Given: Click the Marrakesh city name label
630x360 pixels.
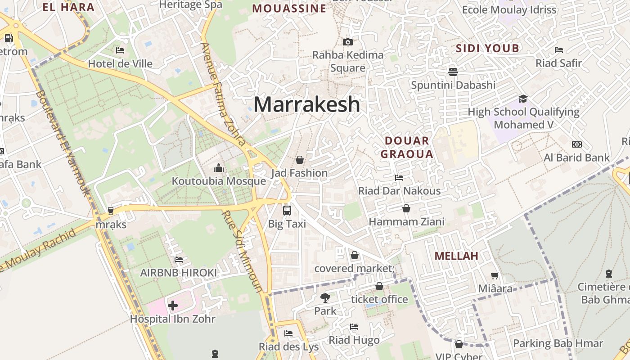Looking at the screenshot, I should point(307,104).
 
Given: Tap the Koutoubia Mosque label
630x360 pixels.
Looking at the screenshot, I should point(219,181).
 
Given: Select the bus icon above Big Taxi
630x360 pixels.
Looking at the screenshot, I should point(287,210).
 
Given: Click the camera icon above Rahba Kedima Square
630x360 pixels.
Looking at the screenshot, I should point(347,42).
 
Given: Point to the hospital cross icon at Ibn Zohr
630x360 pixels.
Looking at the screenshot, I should point(172,306).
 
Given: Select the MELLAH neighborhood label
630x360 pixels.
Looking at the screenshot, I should point(456,256).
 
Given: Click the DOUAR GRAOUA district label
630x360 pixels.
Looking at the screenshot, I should point(407,148).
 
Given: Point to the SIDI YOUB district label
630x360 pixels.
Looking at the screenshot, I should point(487,49).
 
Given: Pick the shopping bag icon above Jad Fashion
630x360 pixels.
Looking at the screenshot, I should point(299,160).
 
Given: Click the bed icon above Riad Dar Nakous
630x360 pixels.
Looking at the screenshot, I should point(399,178).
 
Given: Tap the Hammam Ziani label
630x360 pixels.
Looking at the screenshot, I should point(406,221).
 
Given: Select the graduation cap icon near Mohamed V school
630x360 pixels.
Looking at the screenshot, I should point(522,99).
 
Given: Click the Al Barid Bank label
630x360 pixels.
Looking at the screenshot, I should point(576,157).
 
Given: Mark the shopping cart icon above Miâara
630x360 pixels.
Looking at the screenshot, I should point(495,275).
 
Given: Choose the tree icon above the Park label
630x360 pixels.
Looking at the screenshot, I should point(325,297).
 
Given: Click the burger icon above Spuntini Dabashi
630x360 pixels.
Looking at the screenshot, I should point(453,72).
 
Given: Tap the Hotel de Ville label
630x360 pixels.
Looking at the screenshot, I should point(120,63).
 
